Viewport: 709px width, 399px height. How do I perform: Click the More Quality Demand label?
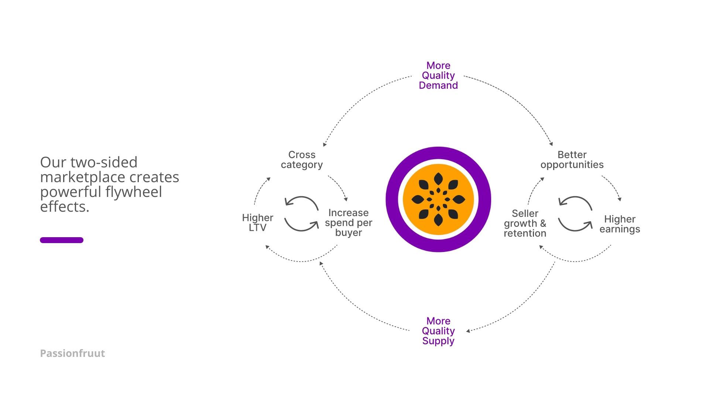438,76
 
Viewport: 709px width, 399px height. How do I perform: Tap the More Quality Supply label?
438,331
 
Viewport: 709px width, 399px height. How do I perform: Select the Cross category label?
302,160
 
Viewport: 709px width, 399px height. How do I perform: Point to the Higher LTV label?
257,223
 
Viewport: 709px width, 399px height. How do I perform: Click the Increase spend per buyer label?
348,223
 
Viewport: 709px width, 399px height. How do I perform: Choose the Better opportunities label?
572,160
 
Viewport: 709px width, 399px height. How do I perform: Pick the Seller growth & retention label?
525,224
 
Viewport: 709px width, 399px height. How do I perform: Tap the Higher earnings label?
620,224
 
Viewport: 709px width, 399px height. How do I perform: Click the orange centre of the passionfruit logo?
438,199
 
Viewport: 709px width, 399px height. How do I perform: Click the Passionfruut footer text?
72,354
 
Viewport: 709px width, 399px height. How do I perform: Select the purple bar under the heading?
62,240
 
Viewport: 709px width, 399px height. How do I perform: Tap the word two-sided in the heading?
104,163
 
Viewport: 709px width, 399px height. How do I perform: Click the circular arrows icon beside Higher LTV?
301,214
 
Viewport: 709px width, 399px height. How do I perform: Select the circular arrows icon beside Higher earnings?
575,214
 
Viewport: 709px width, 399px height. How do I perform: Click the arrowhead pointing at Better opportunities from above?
551,144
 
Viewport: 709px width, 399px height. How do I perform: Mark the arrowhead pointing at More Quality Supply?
468,331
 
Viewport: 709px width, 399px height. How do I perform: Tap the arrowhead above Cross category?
325,144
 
